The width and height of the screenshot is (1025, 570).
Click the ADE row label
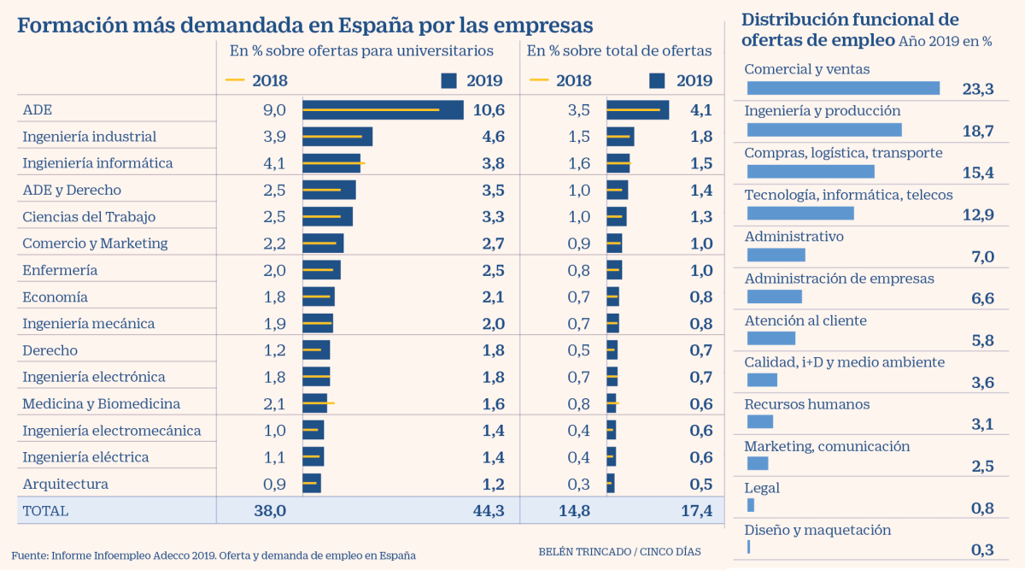[x=38, y=110]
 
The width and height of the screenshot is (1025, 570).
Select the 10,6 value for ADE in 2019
[x=488, y=110]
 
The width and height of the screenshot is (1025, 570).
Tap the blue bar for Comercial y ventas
[x=843, y=88]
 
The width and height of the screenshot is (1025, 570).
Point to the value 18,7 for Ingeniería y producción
[x=977, y=130]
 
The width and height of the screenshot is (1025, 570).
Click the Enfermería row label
[x=60, y=270]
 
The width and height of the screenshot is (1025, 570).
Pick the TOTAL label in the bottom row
[x=45, y=511]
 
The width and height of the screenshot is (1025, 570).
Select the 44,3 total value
[x=488, y=511]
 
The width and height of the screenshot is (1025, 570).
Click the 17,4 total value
[x=696, y=511]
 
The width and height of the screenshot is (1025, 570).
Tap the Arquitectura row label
[x=65, y=484]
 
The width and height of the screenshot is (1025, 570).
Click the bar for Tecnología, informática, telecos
[x=800, y=213]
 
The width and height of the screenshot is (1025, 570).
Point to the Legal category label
[x=762, y=488]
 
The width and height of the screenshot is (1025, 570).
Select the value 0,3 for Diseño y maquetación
[x=982, y=549]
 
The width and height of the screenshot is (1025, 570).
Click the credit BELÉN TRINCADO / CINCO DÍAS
[x=619, y=551]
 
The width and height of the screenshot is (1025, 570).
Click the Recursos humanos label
[x=806, y=404]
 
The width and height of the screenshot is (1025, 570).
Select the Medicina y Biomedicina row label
[x=101, y=403]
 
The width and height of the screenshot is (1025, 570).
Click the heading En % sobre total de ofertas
[x=618, y=50]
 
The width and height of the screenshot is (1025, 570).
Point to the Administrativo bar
[x=776, y=255]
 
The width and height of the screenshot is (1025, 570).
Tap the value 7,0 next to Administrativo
[x=982, y=256]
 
